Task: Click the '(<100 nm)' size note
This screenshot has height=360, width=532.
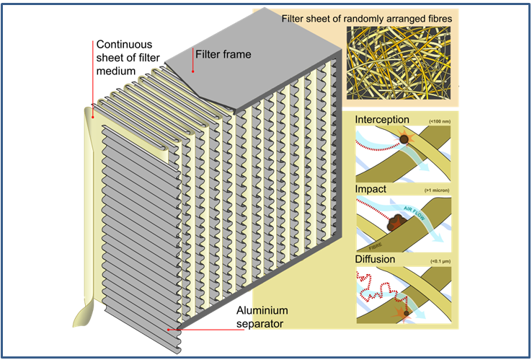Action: tap(444, 120)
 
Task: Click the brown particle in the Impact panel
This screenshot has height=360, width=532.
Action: tap(395, 223)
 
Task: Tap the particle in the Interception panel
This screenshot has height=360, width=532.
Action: tap(405, 140)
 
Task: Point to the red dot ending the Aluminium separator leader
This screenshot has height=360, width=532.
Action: tap(170, 329)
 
